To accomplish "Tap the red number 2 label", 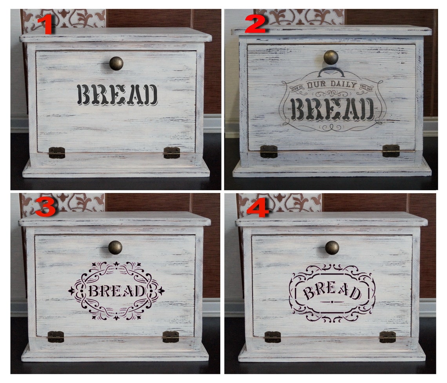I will coord(255,25).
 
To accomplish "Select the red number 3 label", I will coord(45,207).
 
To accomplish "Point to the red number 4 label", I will coord(257,208).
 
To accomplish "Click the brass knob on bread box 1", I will coord(116,63).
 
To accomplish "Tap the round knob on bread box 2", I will coord(331,57).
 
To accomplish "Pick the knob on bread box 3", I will coord(115,247).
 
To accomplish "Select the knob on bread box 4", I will coord(332,247).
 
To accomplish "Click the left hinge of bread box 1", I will coord(57,152).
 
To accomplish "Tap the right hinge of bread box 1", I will coord(172,152).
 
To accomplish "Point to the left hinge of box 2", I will coord(269,151).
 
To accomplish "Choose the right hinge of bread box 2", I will coord(391,151).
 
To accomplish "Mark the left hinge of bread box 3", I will coord(56,337).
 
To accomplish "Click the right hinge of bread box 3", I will coord(171,337).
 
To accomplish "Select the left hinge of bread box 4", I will coord(273,337).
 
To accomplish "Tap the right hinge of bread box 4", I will coord(387,337).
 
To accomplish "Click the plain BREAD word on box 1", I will coord(117,95).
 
